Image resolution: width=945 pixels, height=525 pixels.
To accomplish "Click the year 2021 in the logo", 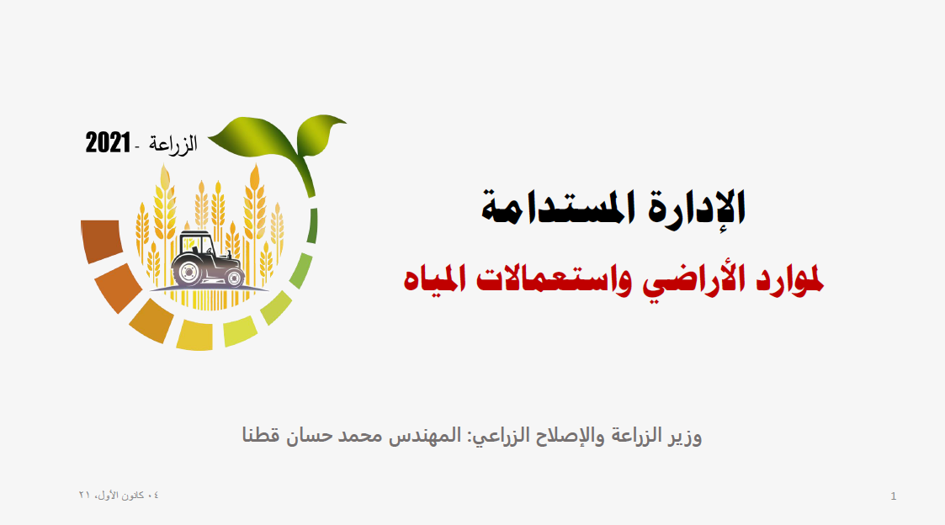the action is [x=108, y=143].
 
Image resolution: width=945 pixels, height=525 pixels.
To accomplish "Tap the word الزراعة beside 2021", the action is [x=173, y=145].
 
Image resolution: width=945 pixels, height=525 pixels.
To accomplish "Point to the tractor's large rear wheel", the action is [x=188, y=273].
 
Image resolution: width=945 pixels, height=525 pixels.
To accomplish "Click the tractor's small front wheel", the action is [x=235, y=278].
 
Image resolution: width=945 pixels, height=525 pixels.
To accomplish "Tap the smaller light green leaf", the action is [x=320, y=134].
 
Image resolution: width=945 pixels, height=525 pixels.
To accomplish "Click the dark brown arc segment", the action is [x=101, y=241].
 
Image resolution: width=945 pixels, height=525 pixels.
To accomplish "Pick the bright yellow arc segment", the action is [x=194, y=335].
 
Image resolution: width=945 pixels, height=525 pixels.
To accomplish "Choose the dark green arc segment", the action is [x=312, y=226].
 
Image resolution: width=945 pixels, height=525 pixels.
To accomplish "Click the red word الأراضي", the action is [x=690, y=280].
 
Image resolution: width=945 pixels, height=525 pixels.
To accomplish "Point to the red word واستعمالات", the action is [x=554, y=279].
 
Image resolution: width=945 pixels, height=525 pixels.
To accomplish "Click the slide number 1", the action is [x=893, y=496].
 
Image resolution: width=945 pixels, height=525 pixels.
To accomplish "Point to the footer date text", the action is [x=119, y=495].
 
